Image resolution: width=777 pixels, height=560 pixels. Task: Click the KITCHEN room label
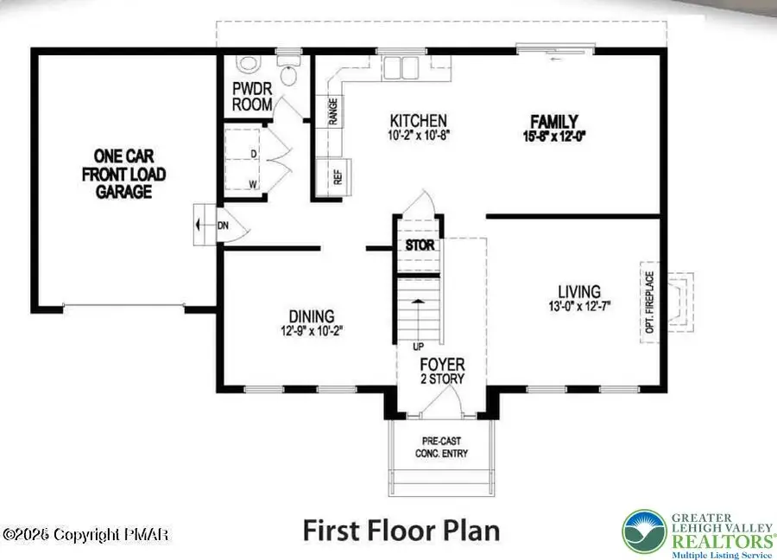click(418, 121)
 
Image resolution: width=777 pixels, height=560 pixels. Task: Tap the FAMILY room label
click(553, 122)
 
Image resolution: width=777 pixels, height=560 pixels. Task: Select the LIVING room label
click(578, 291)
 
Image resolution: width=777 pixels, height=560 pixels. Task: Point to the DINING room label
click(312, 316)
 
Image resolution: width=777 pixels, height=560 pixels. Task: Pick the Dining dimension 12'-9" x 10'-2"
click(312, 331)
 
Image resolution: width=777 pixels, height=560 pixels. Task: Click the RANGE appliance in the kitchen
click(332, 111)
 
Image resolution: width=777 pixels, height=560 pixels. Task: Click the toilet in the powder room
click(250, 65)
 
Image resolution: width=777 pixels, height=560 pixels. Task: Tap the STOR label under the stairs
click(420, 245)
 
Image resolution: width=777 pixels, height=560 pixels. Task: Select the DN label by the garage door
click(223, 225)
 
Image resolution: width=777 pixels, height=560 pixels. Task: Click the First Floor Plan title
click(401, 529)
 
